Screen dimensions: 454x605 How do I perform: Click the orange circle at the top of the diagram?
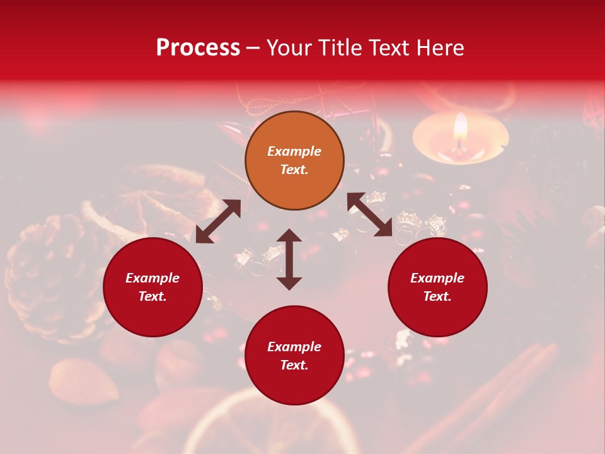click(x=294, y=161)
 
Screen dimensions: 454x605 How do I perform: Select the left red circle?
click(x=153, y=287)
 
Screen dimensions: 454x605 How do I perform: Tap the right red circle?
click(x=437, y=287)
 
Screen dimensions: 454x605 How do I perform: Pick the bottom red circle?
click(x=294, y=356)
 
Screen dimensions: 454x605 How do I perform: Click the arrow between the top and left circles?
click(x=218, y=221)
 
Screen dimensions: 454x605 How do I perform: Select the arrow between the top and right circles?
click(x=370, y=215)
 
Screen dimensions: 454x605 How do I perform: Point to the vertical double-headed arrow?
click(x=289, y=259)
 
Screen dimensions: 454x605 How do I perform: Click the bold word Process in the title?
click(x=198, y=47)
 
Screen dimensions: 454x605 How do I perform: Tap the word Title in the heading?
click(x=340, y=47)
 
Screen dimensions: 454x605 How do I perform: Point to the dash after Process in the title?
click(x=253, y=48)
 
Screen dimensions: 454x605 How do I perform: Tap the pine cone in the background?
click(x=54, y=277)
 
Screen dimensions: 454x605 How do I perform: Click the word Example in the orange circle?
click(x=294, y=151)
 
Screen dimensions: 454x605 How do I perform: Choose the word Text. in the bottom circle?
click(x=294, y=365)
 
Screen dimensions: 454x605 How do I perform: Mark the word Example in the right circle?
click(x=437, y=278)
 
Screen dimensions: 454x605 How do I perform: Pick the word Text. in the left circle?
click(x=153, y=296)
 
